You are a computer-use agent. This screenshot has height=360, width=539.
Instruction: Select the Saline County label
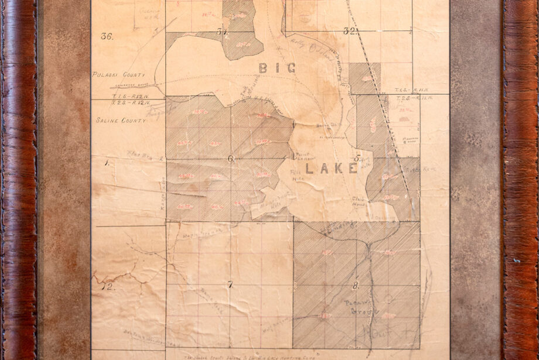[x=115, y=120]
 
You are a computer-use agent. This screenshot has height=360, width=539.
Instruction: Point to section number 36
[x=106, y=36]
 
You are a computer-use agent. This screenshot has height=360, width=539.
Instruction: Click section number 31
[x=221, y=32]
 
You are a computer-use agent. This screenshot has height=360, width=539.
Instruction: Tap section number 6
[x=230, y=159]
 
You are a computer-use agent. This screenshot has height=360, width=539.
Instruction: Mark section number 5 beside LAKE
[x=357, y=159]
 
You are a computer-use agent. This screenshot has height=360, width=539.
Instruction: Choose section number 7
[x=230, y=285]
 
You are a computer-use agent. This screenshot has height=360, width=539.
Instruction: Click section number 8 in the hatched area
[x=355, y=286]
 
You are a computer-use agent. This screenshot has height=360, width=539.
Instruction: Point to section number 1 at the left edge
[x=107, y=164]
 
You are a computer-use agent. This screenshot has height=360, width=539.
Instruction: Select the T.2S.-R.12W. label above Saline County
[x=110, y=102]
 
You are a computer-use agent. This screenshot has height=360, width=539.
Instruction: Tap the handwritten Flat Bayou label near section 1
[x=139, y=156]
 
